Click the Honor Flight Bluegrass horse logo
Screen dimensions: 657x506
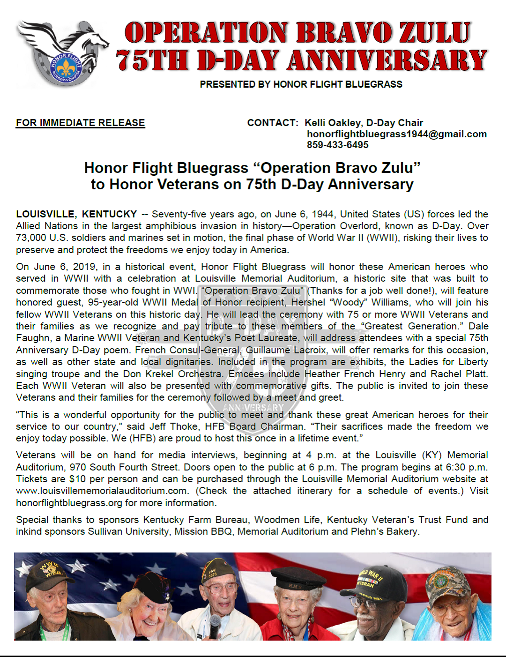tap(63, 52)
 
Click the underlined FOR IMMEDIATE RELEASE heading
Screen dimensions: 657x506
tap(80, 123)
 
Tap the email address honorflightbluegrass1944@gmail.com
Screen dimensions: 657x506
tap(396, 134)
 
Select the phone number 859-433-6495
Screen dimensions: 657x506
tap(337, 145)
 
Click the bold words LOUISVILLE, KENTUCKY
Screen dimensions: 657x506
tap(76, 214)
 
